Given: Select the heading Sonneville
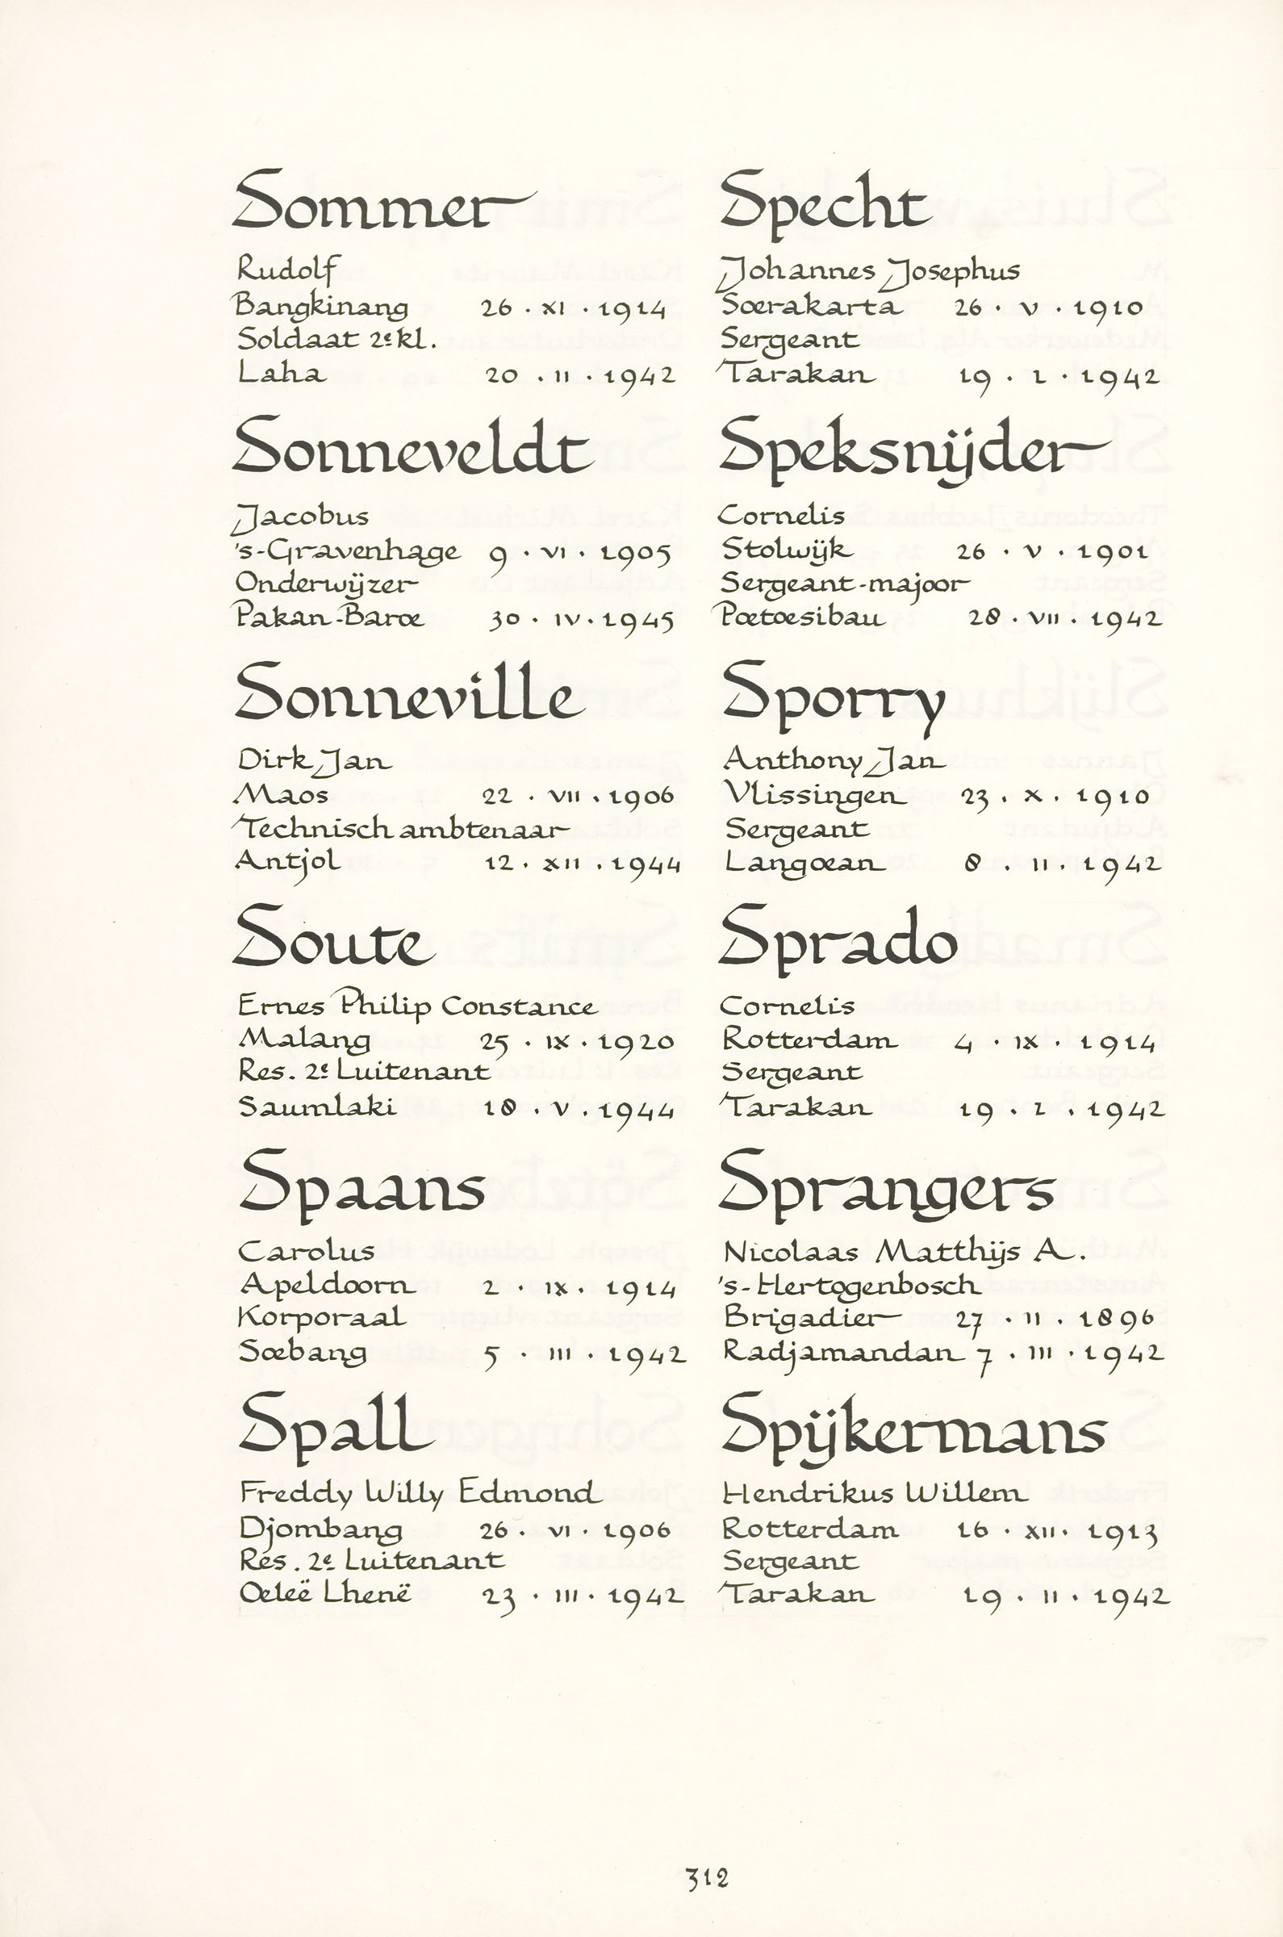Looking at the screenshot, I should (x=404, y=693).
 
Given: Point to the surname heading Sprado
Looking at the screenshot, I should (x=838, y=939).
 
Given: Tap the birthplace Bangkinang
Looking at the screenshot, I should (x=321, y=307).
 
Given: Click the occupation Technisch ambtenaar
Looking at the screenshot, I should (x=400, y=830).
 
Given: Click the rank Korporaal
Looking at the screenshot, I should (x=322, y=1318).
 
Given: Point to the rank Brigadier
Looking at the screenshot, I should (x=811, y=1318).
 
